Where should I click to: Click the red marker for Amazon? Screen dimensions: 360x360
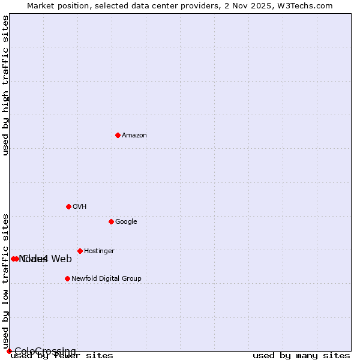point(118,135)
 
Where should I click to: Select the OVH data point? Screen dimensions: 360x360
point(68,206)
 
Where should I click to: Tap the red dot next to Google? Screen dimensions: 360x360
point(111,221)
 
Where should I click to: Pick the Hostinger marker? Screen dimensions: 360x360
point(80,251)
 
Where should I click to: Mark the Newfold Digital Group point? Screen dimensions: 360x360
point(67,278)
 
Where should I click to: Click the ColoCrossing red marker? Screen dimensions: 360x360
point(9,351)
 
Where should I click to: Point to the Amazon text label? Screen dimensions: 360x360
point(134,136)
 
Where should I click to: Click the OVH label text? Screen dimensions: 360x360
point(80,207)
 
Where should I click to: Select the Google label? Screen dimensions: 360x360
point(126,222)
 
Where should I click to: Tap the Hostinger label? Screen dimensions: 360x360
point(99,251)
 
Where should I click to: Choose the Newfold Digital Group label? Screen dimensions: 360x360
point(106,279)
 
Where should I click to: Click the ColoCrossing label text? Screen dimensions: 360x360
point(45,351)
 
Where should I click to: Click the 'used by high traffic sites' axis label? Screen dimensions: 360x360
point(5,85)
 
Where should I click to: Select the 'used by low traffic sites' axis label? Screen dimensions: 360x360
point(5,281)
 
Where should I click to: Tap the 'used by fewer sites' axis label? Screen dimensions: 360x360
point(62,356)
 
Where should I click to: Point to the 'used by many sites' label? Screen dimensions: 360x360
point(301,356)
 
